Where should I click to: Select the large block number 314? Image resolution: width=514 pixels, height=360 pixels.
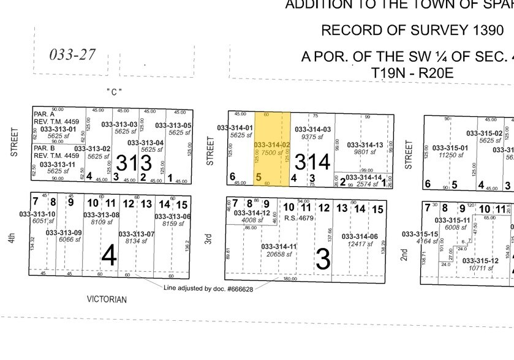[312, 162]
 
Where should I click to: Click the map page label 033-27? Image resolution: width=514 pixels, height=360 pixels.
[72, 54]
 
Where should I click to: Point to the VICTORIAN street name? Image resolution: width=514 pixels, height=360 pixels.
[107, 299]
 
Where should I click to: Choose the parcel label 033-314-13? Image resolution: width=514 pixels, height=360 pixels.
[365, 145]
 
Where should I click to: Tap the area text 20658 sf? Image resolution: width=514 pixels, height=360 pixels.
[279, 254]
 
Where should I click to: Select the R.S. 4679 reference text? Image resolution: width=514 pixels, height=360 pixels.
[299, 218]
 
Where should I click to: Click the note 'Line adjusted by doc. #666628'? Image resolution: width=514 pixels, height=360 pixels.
[208, 287]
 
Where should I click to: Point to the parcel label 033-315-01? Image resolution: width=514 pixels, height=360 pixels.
[450, 148]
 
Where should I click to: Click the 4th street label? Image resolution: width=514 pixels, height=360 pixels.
[12, 237]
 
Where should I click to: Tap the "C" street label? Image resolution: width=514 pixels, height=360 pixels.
[114, 92]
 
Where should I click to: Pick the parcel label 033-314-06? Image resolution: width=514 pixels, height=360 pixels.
[360, 236]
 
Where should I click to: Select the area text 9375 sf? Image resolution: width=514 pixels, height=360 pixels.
[312, 137]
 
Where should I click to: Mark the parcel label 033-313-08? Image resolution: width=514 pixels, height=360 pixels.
[101, 215]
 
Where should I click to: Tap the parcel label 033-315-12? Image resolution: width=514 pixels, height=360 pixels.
[480, 261]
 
